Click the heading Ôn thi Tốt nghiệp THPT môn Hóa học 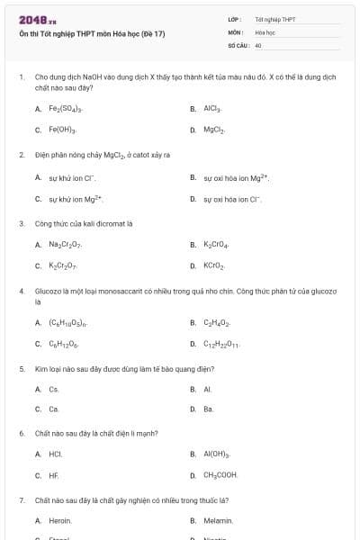[x=92, y=34]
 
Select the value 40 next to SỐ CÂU [x=258, y=45]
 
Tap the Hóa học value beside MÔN [x=265, y=31]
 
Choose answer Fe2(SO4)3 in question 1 [x=65, y=109]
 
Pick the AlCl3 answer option [x=212, y=109]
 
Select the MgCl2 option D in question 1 [x=213, y=130]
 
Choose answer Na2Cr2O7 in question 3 [x=66, y=245]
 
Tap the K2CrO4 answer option [x=215, y=245]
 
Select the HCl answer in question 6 [x=55, y=454]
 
